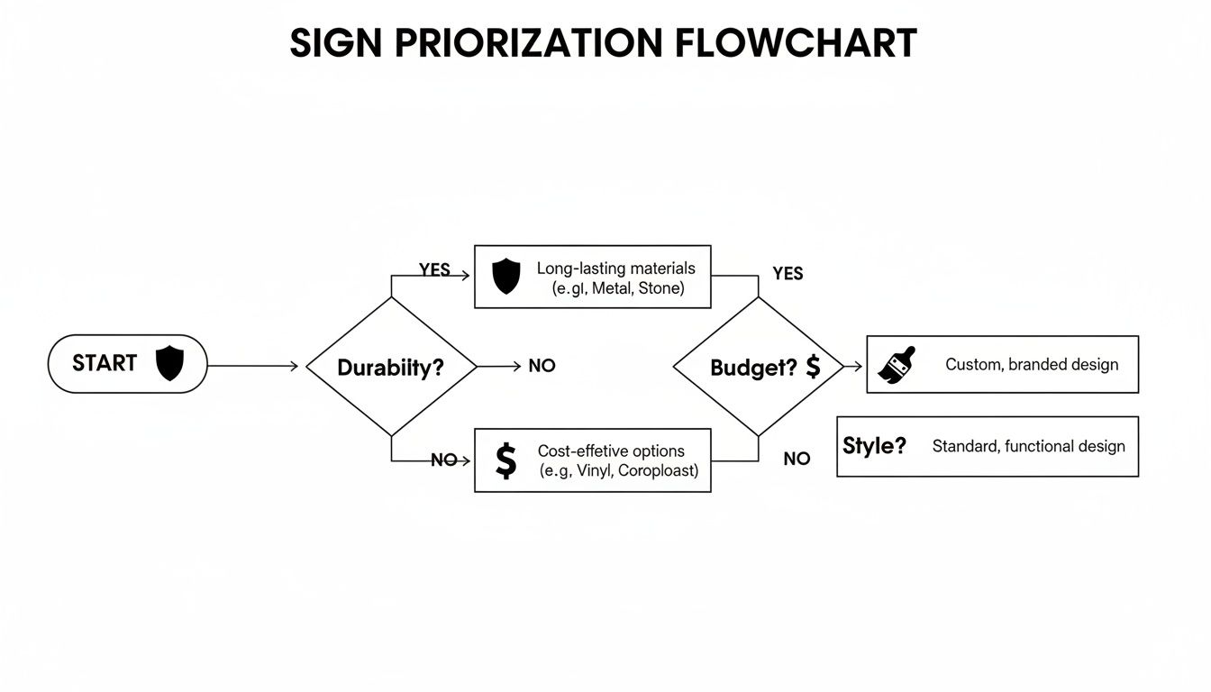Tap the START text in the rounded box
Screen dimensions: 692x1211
click(105, 363)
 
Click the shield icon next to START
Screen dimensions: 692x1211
click(169, 364)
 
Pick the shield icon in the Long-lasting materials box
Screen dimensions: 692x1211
click(506, 276)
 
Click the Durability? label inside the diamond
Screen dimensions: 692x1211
click(390, 368)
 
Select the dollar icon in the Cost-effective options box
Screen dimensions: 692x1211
click(506, 460)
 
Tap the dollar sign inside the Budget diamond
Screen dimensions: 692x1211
click(813, 366)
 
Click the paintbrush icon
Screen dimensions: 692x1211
click(897, 365)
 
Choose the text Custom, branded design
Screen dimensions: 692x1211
click(1032, 365)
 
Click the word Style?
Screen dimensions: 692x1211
click(874, 445)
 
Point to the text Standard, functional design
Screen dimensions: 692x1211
click(1028, 446)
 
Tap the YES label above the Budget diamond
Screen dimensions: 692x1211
click(788, 274)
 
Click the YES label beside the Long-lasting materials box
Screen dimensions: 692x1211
click(434, 270)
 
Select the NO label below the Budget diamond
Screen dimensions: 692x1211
click(797, 459)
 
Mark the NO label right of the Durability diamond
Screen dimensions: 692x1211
click(542, 366)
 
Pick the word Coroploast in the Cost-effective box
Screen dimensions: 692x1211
click(657, 470)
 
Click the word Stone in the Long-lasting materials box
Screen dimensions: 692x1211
click(660, 288)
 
